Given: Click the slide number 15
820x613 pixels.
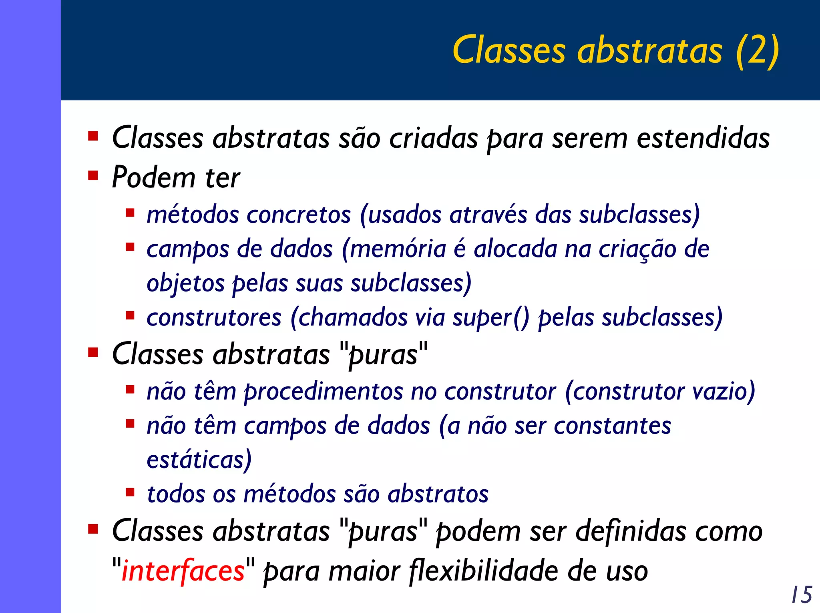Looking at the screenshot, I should [x=802, y=594].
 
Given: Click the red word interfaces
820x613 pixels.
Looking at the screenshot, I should [x=183, y=571].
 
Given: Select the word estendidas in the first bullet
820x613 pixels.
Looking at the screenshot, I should [x=703, y=138].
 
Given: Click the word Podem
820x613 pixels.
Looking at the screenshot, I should [x=153, y=177].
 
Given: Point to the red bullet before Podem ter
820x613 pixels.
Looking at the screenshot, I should [x=93, y=176].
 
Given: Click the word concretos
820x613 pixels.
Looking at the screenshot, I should [x=299, y=215].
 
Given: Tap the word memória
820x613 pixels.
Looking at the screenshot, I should [x=398, y=249].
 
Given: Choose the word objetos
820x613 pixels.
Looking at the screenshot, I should [x=186, y=283].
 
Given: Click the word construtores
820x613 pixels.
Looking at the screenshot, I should [x=214, y=318].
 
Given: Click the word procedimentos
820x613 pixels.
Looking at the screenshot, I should [x=324, y=391].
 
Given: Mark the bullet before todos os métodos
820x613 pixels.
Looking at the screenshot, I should [x=130, y=492].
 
